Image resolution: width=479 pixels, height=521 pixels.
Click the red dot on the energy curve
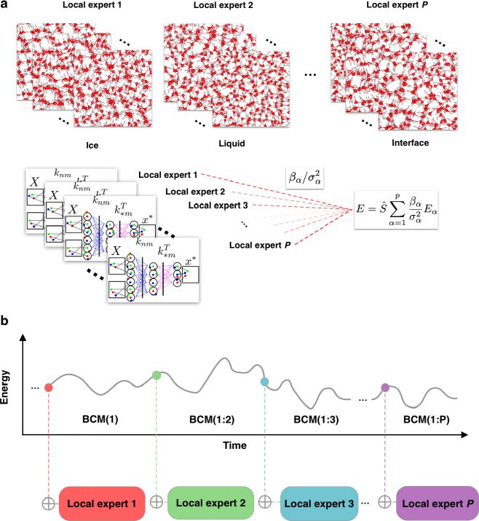48,386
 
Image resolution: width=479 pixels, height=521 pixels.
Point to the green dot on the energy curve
157,375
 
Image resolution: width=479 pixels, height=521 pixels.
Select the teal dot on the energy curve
265,382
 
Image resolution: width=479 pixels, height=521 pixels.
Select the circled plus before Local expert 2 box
155,502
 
